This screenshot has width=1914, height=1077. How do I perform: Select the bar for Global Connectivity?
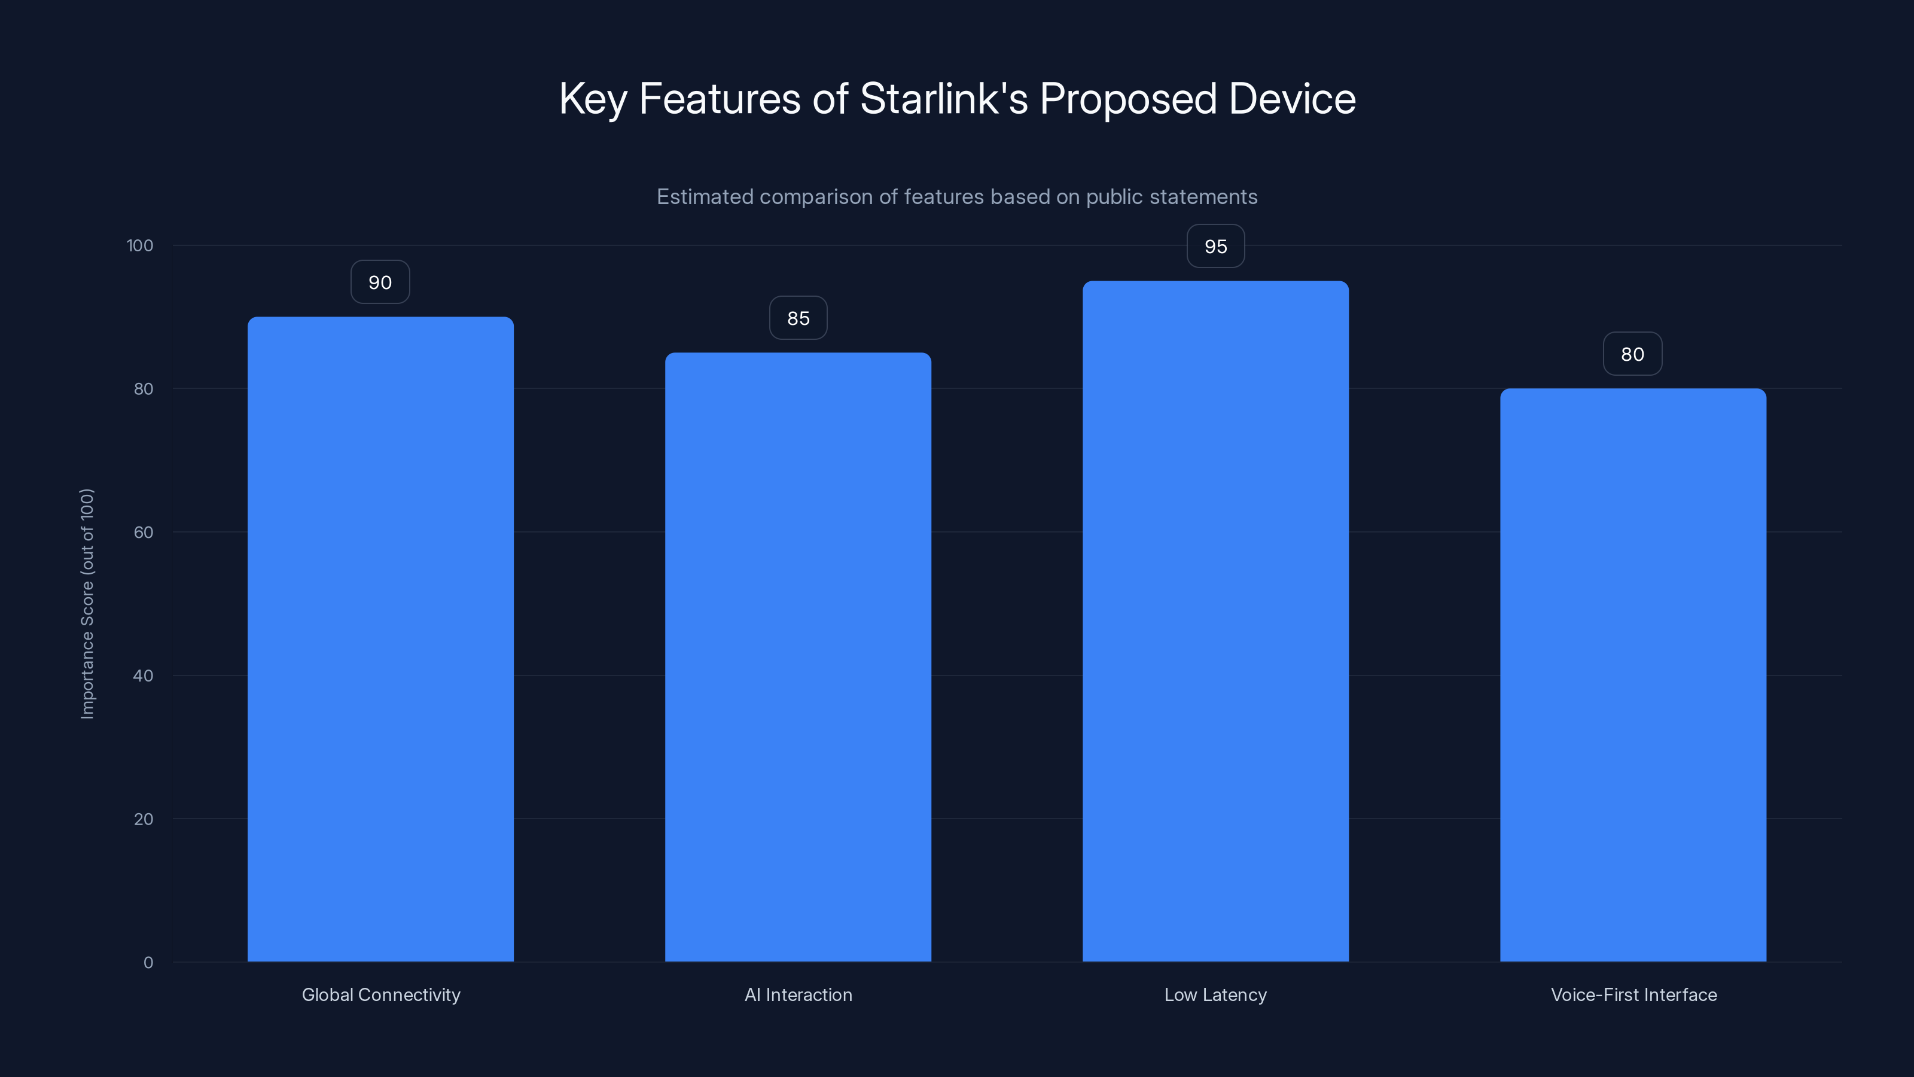380,639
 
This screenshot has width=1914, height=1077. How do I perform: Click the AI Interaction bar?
798,657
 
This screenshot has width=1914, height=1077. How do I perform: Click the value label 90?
380,282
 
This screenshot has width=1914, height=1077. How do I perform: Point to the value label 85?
798,318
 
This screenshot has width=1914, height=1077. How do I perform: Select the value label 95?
1215,247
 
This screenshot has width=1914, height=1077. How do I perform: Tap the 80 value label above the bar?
1632,355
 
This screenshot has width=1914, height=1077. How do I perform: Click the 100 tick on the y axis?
140,245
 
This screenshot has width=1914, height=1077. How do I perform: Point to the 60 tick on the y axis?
144,532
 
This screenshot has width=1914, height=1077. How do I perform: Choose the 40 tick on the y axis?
144,676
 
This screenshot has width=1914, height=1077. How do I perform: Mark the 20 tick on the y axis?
144,819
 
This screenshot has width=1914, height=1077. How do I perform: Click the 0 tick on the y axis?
148,963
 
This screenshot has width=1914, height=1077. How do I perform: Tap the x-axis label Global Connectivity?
380,994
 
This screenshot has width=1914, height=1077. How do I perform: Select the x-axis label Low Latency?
1215,994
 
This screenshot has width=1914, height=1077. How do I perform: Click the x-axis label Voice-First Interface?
1633,994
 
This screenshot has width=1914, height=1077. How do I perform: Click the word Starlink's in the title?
944,98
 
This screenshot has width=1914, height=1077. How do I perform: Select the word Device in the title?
1292,98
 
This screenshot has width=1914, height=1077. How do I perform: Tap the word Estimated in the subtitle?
705,197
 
